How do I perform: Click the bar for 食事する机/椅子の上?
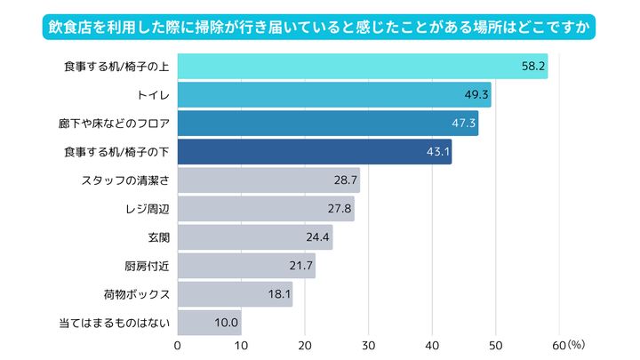[363, 67]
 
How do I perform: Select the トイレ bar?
[334, 95]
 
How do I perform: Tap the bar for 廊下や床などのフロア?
[328, 124]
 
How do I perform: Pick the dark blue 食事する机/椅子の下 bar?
[315, 152]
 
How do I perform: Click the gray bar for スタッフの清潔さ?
[268, 180]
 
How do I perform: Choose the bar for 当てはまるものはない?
[210, 322]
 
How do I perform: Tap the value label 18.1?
[278, 294]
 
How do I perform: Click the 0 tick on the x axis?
[178, 345]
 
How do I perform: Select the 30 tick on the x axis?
[369, 345]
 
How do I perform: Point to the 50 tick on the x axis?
[496, 345]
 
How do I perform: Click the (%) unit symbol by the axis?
[576, 343]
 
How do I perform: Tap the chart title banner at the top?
[319, 26]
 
